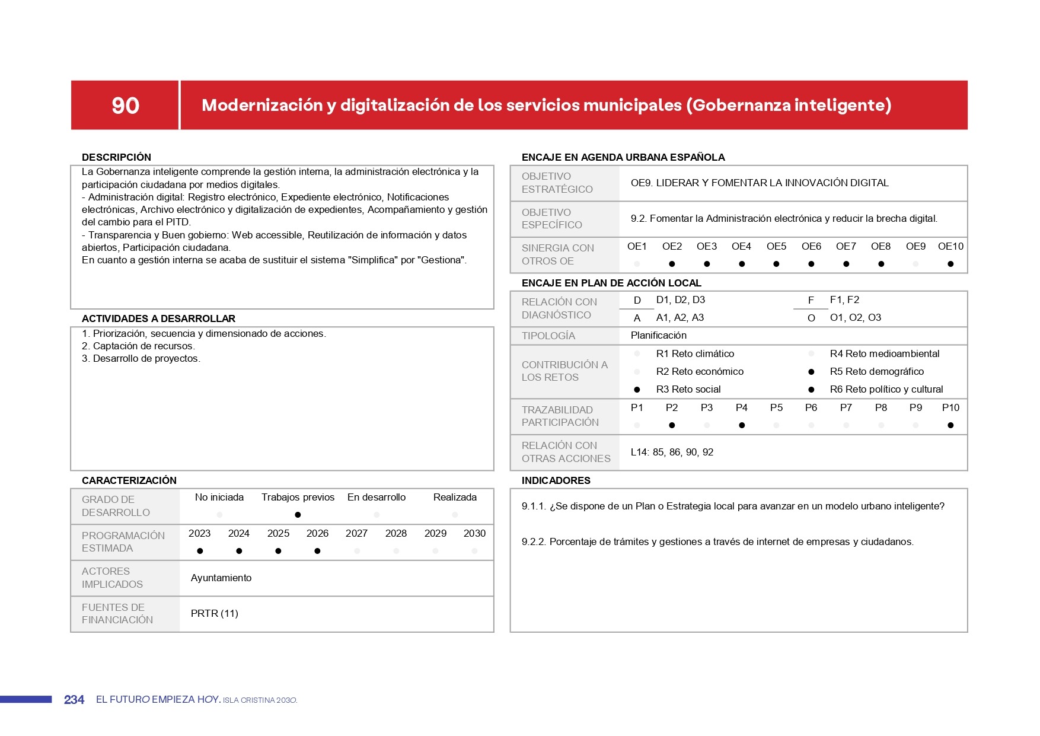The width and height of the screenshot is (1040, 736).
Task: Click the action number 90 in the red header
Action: tap(125, 106)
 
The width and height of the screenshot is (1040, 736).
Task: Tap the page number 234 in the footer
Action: tap(74, 700)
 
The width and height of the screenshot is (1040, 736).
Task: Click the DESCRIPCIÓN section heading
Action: tap(116, 157)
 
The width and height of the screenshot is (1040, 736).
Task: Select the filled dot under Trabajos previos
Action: tap(298, 515)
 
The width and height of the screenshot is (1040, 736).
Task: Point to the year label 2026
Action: tap(317, 533)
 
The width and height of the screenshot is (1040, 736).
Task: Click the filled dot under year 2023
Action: tap(200, 551)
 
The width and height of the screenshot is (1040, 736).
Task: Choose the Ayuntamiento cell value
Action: tap(221, 578)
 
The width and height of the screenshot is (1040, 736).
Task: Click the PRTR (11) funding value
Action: tap(214, 613)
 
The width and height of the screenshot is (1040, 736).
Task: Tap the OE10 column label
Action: tap(950, 246)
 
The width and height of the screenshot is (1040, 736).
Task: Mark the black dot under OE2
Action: tap(672, 264)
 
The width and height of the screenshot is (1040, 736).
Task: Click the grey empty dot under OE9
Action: tap(915, 264)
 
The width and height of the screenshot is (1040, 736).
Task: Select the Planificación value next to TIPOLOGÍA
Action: tap(658, 335)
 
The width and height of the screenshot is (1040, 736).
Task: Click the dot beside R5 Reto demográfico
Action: tap(811, 372)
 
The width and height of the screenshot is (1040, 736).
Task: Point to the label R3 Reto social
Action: tap(688, 389)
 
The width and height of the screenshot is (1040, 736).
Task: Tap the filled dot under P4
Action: tap(742, 425)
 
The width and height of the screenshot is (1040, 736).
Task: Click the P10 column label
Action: tap(950, 407)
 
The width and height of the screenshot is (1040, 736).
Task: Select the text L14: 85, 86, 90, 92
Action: tap(672, 452)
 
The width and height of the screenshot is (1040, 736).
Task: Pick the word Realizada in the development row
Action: tap(455, 497)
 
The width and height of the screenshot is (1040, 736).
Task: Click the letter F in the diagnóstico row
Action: tap(811, 300)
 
